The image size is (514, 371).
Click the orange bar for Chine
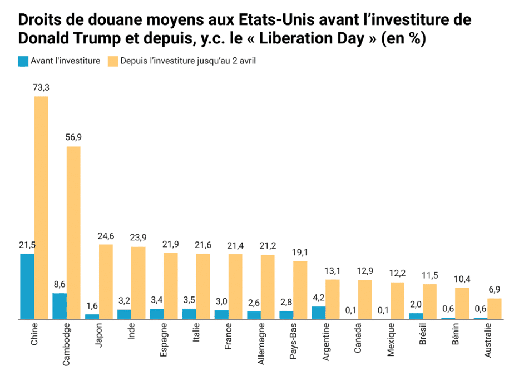pos(41,207)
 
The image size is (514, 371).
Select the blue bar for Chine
pos(27,286)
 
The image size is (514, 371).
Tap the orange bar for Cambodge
pos(73,233)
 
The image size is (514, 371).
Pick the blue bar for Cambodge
pos(60,306)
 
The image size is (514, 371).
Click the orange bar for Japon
pos(106,281)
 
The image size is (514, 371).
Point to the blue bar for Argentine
pos(319,313)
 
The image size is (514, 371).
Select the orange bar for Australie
pos(495,309)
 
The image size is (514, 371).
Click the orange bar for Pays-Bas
pos(300,290)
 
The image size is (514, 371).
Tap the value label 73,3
pos(41,87)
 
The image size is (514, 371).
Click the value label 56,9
pos(73,137)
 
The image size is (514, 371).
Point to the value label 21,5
pos(27,245)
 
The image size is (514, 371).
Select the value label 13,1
pos(333,270)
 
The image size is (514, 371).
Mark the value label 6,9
pos(495,289)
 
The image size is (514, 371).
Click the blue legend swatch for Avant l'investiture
pos(23,61)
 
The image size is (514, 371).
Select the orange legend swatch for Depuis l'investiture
pos(111,61)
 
